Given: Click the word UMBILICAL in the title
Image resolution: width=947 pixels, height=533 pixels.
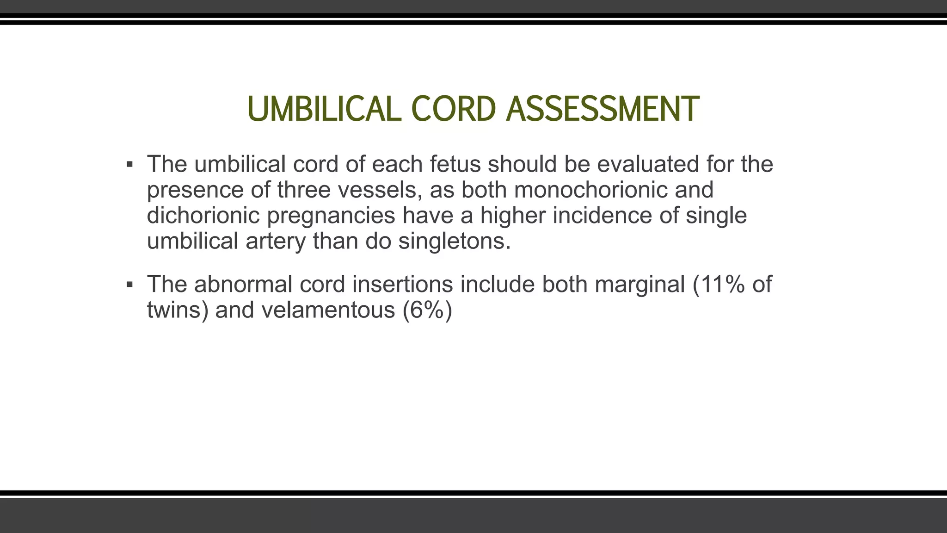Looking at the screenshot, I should click(x=324, y=109).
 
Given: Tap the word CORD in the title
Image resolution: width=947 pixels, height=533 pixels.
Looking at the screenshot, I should click(x=453, y=109).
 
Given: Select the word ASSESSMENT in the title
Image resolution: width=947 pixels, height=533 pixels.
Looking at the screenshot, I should click(x=602, y=109).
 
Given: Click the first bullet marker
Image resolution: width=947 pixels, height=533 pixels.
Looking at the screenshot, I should click(x=130, y=165).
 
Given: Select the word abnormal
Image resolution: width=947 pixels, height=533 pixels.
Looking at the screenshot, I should click(x=243, y=284).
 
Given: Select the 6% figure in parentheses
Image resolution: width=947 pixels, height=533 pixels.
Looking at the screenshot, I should click(x=427, y=310).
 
